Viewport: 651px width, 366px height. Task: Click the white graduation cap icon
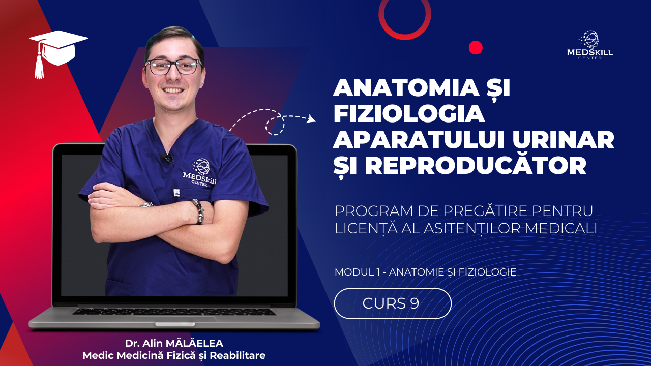click(x=58, y=52)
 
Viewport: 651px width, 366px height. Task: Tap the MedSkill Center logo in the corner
click(x=589, y=45)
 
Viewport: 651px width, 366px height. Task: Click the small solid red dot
click(x=476, y=48)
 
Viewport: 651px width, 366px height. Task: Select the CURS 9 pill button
click(x=393, y=303)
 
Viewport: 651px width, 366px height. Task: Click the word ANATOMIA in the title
click(x=406, y=88)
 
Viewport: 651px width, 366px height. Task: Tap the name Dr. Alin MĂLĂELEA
click(x=174, y=343)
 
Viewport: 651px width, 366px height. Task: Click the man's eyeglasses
click(x=173, y=67)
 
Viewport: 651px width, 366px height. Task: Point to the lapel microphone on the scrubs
click(x=167, y=158)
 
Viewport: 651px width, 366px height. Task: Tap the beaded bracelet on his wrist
click(x=198, y=211)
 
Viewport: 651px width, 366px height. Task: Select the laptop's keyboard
click(x=174, y=312)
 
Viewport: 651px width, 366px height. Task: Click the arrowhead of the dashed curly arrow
click(x=312, y=119)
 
